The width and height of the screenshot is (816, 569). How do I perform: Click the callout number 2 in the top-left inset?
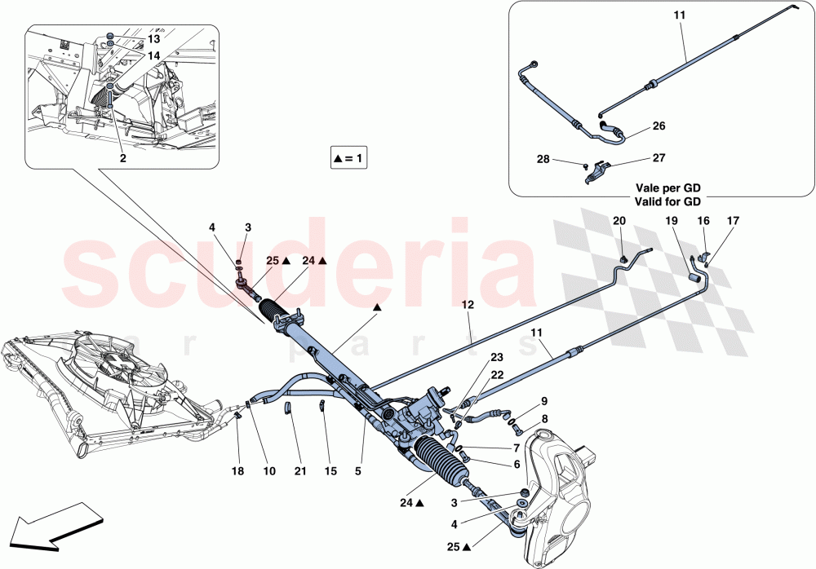tap(122, 159)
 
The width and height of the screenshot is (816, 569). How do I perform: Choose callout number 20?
tap(619, 221)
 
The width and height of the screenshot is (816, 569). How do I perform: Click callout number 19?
tap(671, 221)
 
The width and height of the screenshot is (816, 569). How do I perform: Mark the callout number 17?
tap(733, 220)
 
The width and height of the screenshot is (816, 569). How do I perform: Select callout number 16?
tap(703, 221)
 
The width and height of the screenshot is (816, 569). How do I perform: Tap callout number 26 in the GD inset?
tap(659, 126)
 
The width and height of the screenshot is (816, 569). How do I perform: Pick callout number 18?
tap(237, 471)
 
